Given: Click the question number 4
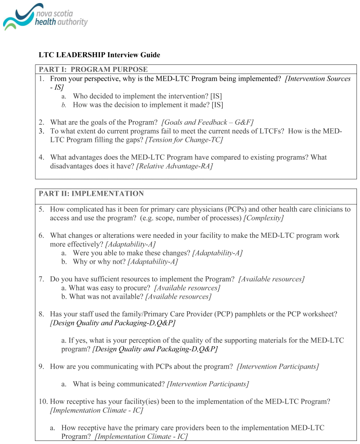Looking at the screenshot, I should pyautogui.click(x=42, y=157).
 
